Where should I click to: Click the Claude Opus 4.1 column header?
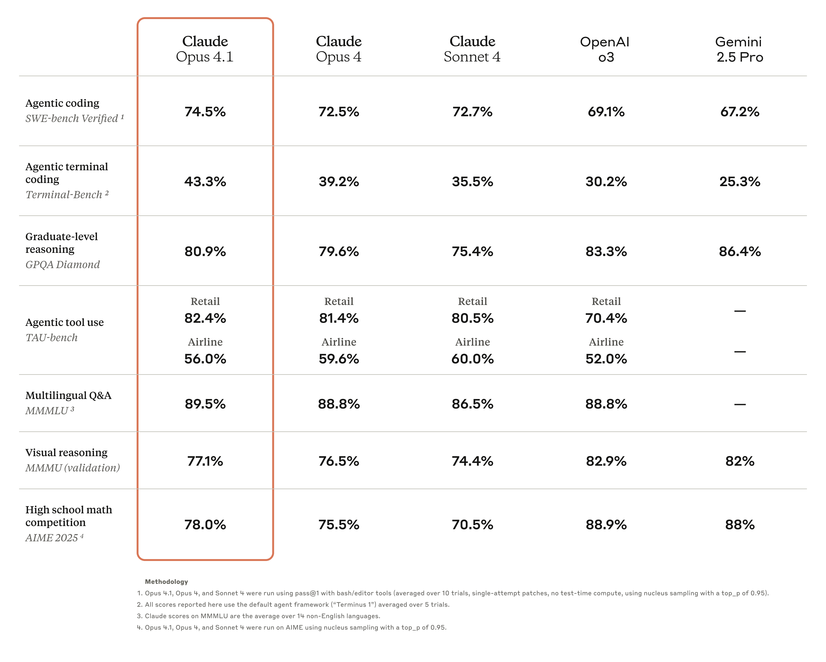[x=205, y=49]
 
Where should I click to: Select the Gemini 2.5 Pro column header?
[x=739, y=49]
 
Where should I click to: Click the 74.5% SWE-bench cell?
[x=205, y=111]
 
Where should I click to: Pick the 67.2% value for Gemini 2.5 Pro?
[x=739, y=111]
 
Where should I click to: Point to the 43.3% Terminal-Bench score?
[x=205, y=181]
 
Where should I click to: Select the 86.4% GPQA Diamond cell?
[x=739, y=251]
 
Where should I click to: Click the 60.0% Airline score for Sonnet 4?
[x=472, y=359]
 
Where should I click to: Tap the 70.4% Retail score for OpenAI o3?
[x=606, y=318]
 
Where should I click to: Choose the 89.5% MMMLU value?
[x=205, y=404]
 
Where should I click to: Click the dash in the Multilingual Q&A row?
[x=739, y=404]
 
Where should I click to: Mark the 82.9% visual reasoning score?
[x=606, y=461]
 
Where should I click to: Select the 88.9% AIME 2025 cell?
[x=606, y=524]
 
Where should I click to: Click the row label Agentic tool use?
[x=64, y=322]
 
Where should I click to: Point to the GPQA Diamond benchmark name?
[x=63, y=264]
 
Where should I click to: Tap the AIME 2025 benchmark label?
[x=52, y=537]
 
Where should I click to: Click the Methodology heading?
[x=166, y=582]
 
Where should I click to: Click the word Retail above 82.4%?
[x=205, y=301]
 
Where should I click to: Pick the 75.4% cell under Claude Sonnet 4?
[x=472, y=251]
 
